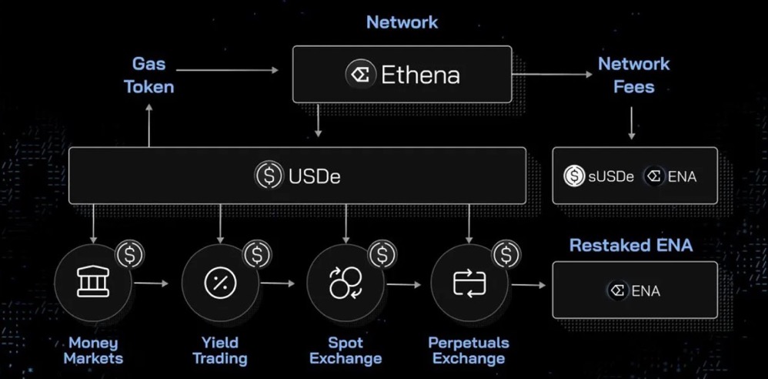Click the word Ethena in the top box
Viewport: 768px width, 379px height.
click(420, 75)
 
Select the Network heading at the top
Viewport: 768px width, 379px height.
click(402, 22)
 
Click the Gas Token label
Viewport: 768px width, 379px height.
click(150, 75)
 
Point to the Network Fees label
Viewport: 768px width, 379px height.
click(633, 75)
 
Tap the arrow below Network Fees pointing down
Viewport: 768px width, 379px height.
click(632, 123)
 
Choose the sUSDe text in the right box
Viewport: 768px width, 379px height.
click(610, 176)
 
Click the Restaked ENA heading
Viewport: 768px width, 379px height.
click(630, 246)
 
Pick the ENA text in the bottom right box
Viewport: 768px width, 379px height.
click(646, 291)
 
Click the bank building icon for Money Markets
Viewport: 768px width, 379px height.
click(93, 283)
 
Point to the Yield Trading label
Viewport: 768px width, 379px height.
click(219, 350)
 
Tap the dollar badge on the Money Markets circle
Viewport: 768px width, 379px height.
click(130, 253)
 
